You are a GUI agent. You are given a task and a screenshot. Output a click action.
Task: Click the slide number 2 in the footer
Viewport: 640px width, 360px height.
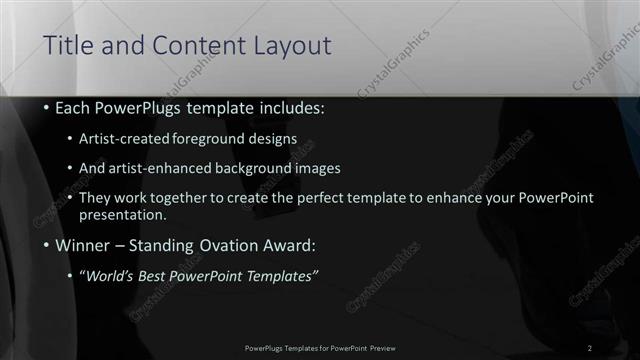pos(591,347)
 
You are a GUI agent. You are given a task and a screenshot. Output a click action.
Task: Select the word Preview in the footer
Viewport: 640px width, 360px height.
pos(381,347)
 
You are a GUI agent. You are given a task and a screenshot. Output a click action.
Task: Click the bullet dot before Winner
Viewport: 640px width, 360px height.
pos(46,245)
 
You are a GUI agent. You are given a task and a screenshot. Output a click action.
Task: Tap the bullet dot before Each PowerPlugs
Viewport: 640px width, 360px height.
pos(46,107)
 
